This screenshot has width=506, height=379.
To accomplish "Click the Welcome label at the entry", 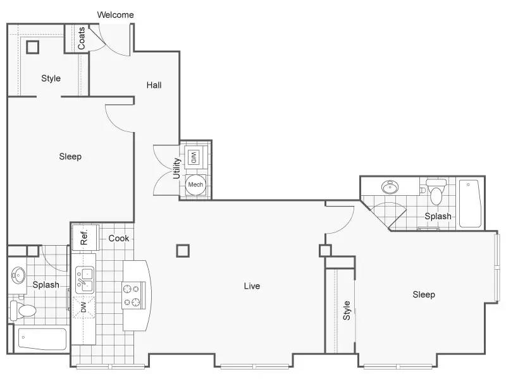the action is (x=115, y=15).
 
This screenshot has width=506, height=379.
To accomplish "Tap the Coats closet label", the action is (x=82, y=38).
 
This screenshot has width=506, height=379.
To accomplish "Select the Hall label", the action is (x=154, y=85).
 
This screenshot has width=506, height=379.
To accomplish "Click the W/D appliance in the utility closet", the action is (x=194, y=157).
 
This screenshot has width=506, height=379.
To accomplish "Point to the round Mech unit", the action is (x=195, y=184).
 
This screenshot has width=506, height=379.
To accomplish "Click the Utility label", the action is (x=176, y=168).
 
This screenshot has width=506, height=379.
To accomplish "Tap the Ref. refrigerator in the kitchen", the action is (x=85, y=238).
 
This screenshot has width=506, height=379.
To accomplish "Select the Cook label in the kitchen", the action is (x=119, y=238).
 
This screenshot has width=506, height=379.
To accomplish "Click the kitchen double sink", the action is (x=85, y=280).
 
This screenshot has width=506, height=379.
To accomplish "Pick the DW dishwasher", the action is (x=83, y=307).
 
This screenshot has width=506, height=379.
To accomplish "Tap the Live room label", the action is (x=252, y=286).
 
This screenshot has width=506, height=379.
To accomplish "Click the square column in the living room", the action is (x=183, y=251).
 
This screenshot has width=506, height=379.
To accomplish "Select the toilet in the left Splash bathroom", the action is (x=23, y=311).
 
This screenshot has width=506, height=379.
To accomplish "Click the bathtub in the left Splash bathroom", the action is (x=42, y=339).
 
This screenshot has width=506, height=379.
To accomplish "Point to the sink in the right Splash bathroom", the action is (x=390, y=187).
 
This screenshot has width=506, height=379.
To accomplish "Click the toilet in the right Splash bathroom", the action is (x=436, y=192).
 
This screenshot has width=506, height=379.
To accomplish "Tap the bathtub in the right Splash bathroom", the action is (x=471, y=203).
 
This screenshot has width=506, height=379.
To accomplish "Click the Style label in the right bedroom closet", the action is (x=347, y=310).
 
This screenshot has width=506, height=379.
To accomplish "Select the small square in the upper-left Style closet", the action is (x=33, y=47).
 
